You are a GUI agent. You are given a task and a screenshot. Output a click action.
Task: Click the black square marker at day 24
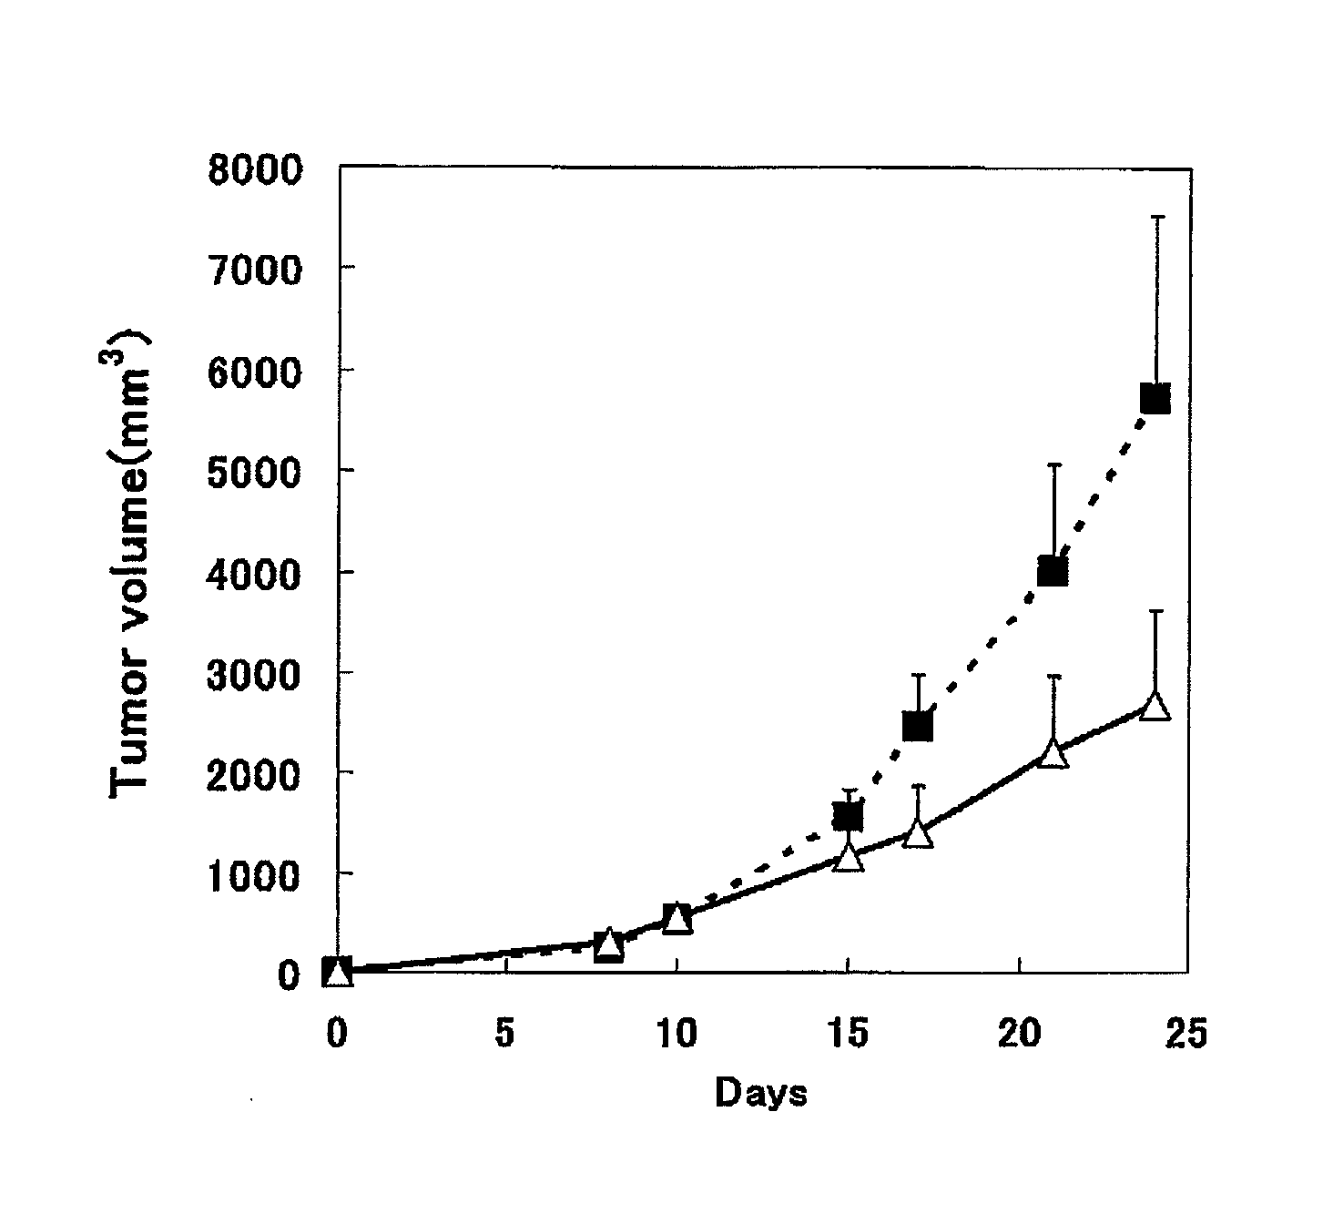point(1155,398)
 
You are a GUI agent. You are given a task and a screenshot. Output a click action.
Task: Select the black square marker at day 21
point(1052,571)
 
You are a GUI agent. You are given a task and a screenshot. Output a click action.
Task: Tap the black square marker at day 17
point(917,726)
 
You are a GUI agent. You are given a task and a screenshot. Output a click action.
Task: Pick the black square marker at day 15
point(848,816)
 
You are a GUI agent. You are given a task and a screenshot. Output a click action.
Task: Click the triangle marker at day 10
point(677,919)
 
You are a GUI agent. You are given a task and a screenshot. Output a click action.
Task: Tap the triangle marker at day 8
point(609,945)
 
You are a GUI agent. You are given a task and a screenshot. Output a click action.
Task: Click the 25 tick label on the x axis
point(1185,1035)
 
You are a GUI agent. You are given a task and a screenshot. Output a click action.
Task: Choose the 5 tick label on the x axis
point(505,1035)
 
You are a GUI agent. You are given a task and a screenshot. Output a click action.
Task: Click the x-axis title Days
point(760,1092)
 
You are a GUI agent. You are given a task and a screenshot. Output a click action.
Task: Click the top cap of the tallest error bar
point(1156,217)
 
